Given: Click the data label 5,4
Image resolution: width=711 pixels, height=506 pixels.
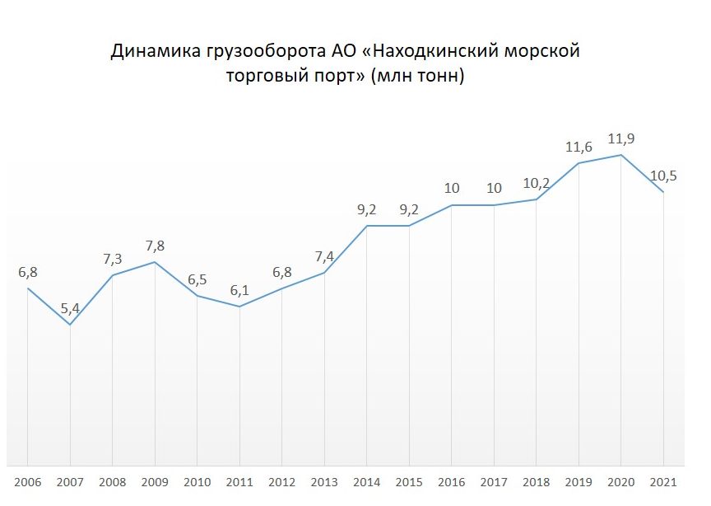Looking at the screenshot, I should [70, 309].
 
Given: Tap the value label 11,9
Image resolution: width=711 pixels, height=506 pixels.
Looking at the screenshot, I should [621, 138].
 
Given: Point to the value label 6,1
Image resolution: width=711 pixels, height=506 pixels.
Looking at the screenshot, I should [239, 290].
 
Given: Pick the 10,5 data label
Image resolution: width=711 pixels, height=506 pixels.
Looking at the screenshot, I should [663, 176].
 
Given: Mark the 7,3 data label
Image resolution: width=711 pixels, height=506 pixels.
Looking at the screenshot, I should [112, 259].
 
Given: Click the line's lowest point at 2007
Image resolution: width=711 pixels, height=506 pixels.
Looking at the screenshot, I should [70, 325].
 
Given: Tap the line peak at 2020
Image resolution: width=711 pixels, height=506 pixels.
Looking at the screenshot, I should [621, 155].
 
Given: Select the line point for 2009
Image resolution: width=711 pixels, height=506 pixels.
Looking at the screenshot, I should [155, 262].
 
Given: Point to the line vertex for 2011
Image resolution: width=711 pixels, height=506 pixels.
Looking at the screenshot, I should [239, 307].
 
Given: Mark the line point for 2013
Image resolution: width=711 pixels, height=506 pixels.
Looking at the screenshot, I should [324, 273].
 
